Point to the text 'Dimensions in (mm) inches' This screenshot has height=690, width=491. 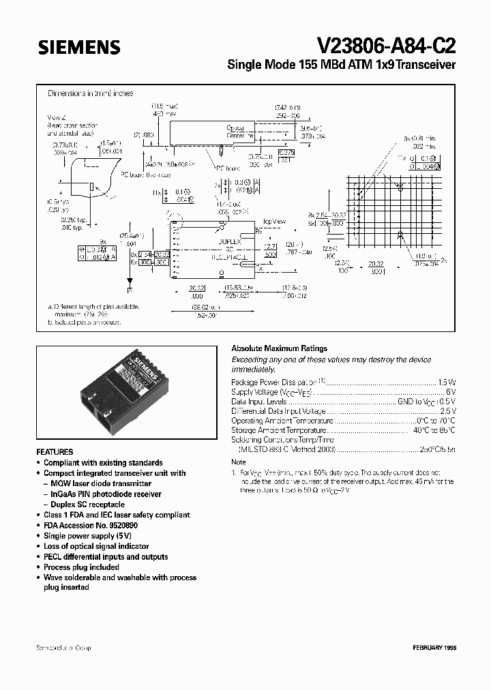point(90,93)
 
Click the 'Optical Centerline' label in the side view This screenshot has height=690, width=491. point(240,132)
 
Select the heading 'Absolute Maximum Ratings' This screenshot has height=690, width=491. point(279,348)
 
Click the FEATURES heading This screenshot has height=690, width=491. point(55,452)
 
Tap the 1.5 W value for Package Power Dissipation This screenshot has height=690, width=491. point(443,382)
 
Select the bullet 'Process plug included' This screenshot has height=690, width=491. point(81,567)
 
